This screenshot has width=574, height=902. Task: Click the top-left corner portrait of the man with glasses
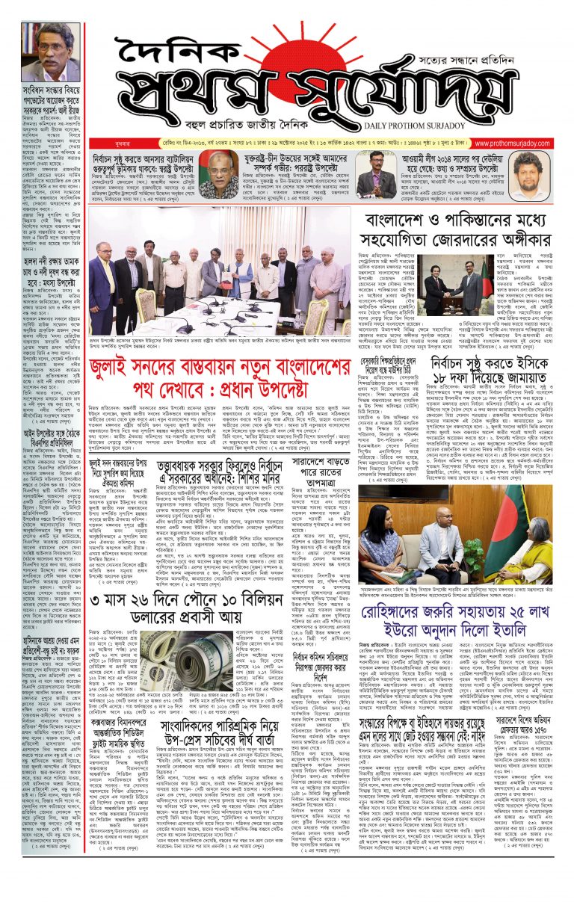51,52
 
